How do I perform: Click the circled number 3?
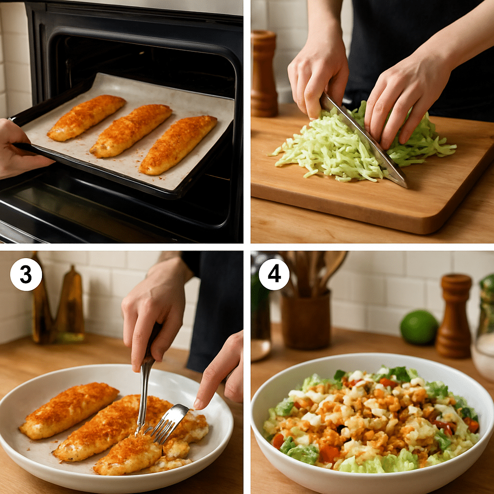pyautogui.click(x=26, y=274)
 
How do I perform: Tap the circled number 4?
pyautogui.click(x=274, y=274)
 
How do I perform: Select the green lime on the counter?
pyautogui.click(x=419, y=327)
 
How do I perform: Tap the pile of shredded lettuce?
pyautogui.click(x=333, y=150)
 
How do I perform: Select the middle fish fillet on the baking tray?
pyautogui.click(x=131, y=130)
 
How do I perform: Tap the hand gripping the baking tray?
pyautogui.click(x=17, y=150)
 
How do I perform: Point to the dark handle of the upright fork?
pyautogui.click(x=153, y=340)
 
